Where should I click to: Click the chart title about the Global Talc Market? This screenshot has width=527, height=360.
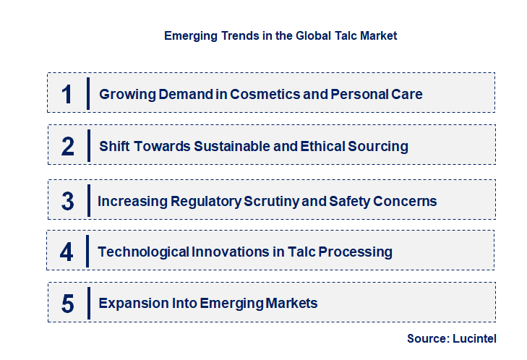(x=280, y=35)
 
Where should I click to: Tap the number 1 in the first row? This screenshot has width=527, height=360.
(x=67, y=94)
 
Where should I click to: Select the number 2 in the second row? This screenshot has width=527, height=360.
(x=68, y=146)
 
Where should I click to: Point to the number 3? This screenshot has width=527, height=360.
(x=68, y=201)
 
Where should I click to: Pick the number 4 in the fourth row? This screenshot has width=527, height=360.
(x=67, y=252)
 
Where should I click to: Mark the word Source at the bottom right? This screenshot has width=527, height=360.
(x=427, y=338)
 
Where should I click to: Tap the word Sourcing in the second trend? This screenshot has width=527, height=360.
(x=378, y=146)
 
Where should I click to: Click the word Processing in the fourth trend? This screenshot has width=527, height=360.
(x=359, y=252)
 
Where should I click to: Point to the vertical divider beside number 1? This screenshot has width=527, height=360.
(x=87, y=94)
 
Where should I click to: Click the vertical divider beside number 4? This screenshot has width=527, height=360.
(x=87, y=252)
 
